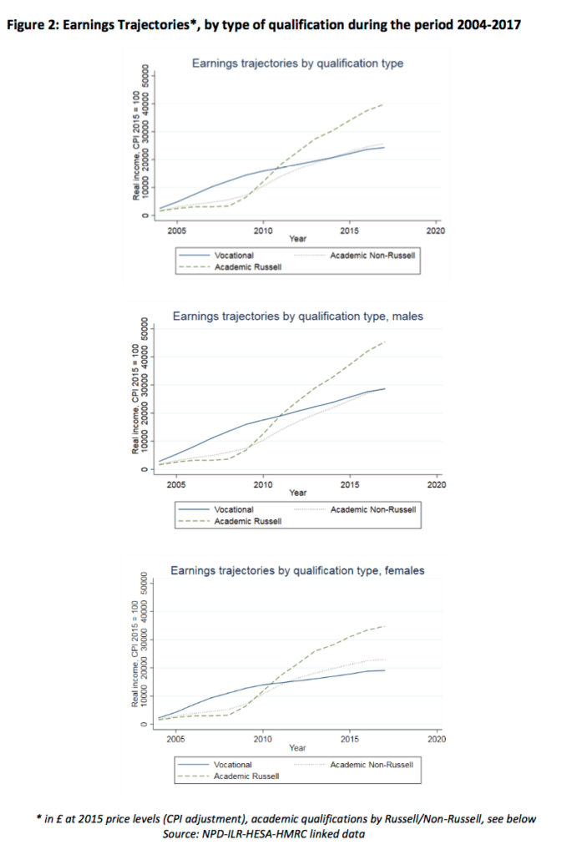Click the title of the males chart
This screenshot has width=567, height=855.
click(297, 316)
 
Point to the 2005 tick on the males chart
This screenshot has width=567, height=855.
click(176, 483)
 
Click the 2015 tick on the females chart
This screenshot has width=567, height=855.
click(349, 738)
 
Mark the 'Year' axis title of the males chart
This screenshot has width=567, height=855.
click(297, 493)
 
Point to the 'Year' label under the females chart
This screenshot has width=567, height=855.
click(297, 747)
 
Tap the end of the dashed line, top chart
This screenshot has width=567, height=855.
click(384, 104)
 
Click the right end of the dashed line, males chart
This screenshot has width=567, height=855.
click(384, 341)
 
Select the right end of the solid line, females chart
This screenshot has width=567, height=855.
click(384, 670)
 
